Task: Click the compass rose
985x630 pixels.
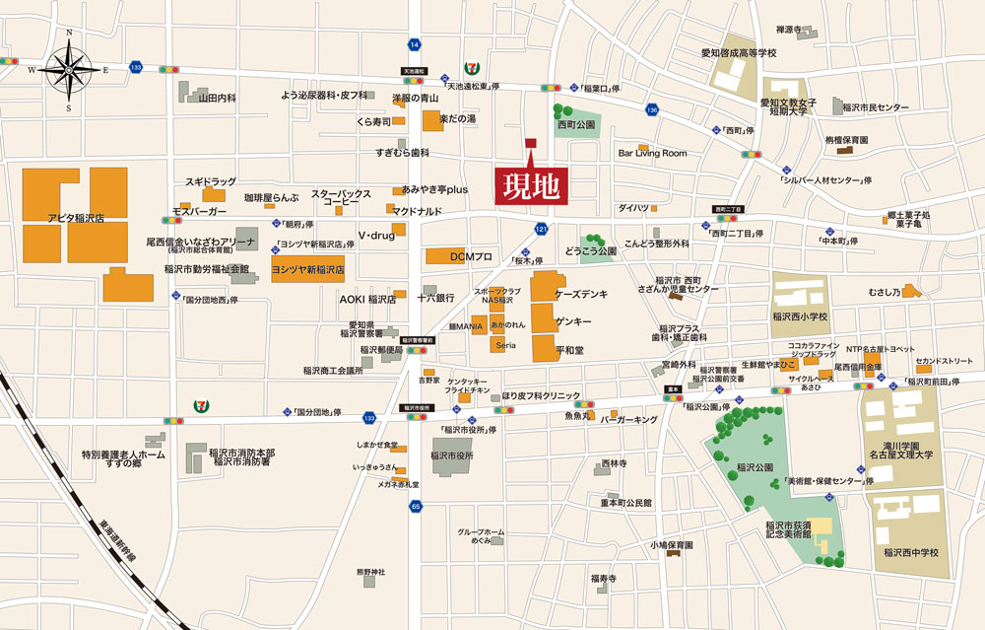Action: pos(69,68)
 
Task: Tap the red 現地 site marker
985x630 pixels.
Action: pos(531,186)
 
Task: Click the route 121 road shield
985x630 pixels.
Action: pos(540,229)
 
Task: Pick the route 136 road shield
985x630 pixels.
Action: pos(651,109)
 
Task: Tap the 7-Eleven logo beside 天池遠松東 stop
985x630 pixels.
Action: pos(470,69)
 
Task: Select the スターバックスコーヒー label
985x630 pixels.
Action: pos(341,197)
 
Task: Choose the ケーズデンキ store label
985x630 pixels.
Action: pos(581,295)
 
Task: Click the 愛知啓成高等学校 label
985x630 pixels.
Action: pos(739,53)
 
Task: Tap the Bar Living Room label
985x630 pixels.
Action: pos(652,153)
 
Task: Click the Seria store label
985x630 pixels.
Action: pos(505,345)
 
